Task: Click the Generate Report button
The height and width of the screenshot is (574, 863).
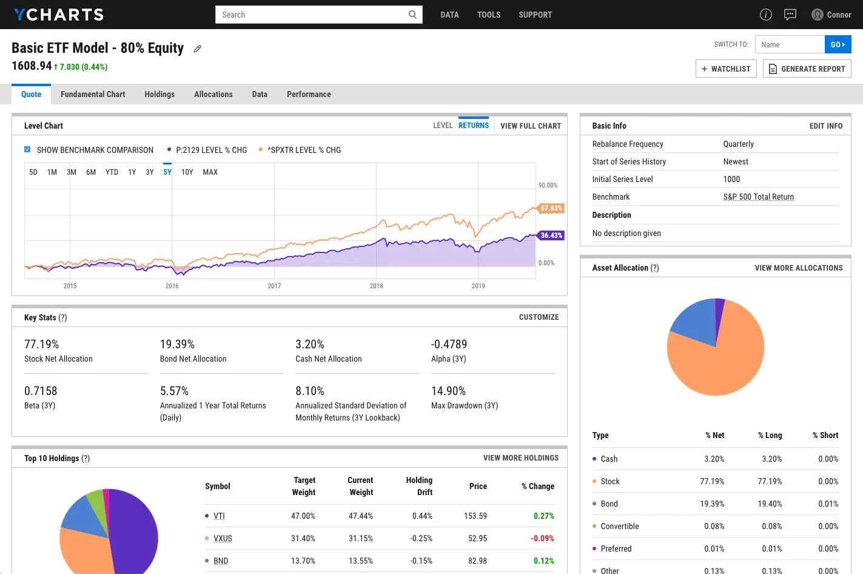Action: (807, 69)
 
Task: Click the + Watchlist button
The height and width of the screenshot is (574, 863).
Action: (726, 69)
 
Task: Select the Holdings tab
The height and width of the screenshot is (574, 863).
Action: (160, 94)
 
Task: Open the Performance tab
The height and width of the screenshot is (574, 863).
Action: (309, 94)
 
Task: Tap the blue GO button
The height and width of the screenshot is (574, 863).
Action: (838, 44)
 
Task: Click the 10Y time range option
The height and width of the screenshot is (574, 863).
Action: (187, 172)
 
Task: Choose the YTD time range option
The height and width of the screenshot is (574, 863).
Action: (112, 172)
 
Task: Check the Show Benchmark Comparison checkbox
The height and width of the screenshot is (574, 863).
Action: (27, 149)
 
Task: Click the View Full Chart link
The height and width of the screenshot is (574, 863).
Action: (530, 126)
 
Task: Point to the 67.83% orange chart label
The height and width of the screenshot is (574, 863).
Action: (551, 208)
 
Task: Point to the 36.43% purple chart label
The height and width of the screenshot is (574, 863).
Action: (551, 235)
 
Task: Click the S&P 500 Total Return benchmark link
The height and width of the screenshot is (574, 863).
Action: (758, 197)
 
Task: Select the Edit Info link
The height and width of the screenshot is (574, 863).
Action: (825, 126)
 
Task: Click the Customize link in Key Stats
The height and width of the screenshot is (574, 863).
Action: (539, 317)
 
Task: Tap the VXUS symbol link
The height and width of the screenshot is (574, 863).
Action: (223, 538)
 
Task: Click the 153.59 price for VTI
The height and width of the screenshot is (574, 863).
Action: (475, 516)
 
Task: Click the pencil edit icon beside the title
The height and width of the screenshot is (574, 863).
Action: (197, 49)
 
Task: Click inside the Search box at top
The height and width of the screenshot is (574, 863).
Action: (312, 15)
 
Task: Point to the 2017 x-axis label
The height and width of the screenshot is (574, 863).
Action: (274, 286)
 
